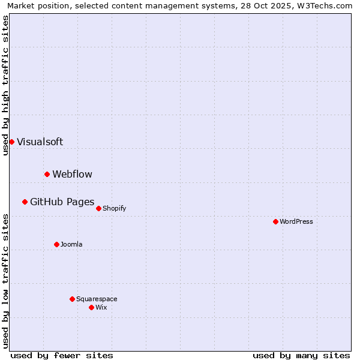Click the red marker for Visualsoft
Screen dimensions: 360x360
coord(11,142)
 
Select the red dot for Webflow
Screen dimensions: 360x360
coord(47,174)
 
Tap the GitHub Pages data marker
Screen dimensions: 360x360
coord(25,202)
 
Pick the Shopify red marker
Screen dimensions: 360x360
coord(98,208)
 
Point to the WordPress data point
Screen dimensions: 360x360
coord(275,221)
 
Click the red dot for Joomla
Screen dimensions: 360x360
coord(56,244)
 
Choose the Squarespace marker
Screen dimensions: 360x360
coord(72,299)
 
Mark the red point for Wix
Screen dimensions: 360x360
coord(91,307)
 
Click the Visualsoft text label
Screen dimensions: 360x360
coord(40,142)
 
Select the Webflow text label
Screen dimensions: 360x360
coord(72,175)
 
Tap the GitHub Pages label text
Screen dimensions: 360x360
coord(62,202)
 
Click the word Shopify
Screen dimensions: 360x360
coord(114,209)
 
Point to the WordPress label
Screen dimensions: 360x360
coord(296,222)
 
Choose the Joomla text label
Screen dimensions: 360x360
coord(71,245)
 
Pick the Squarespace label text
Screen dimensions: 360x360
coord(97,299)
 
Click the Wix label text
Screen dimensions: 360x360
coord(101,308)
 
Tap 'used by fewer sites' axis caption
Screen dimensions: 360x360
coord(62,355)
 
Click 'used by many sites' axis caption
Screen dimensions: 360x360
coord(301,355)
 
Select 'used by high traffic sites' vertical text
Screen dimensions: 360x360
coord(5,85)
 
